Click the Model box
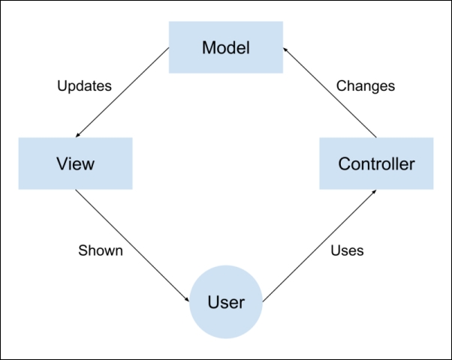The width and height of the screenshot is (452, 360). coord(225,47)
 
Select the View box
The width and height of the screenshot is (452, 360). coord(75,163)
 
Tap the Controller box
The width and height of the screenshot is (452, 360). coord(375,163)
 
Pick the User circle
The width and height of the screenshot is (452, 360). coord(225,302)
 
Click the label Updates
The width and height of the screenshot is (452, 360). coord(84,85)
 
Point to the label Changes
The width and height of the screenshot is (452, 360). coord(365,85)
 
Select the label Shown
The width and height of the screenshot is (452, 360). coord(100,250)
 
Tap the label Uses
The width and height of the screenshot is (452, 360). coord(347,250)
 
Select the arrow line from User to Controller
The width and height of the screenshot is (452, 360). coord(319,246)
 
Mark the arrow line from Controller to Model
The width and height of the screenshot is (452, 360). coord(329,91)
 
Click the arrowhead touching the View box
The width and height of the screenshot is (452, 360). coord(80,135)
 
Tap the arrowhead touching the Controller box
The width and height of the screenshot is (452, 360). coord(373,193)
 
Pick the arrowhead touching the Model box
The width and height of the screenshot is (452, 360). coord(286,49)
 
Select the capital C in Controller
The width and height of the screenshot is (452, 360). coord(345,163)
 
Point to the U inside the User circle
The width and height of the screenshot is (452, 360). coord(214,303)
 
